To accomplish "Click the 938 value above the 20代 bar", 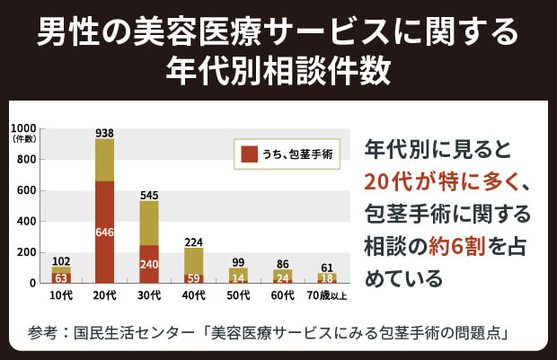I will click(x=104, y=133).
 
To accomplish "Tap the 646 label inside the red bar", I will click(x=104, y=233).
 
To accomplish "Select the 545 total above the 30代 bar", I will click(x=149, y=195).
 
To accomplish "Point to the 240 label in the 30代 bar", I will click(x=149, y=265).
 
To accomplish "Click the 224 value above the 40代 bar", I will click(x=193, y=241).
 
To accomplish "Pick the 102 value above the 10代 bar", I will click(x=61, y=261).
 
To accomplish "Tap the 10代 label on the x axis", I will click(x=61, y=294).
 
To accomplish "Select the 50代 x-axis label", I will click(x=237, y=294).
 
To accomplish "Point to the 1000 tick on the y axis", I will click(x=24, y=128).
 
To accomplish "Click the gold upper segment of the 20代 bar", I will click(x=104, y=160).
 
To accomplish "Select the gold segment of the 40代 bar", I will click(x=193, y=260).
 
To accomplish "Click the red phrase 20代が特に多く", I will click(x=440, y=181).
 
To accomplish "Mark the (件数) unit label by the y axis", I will click(x=24, y=139).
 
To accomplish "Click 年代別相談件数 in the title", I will click(x=278, y=69).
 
